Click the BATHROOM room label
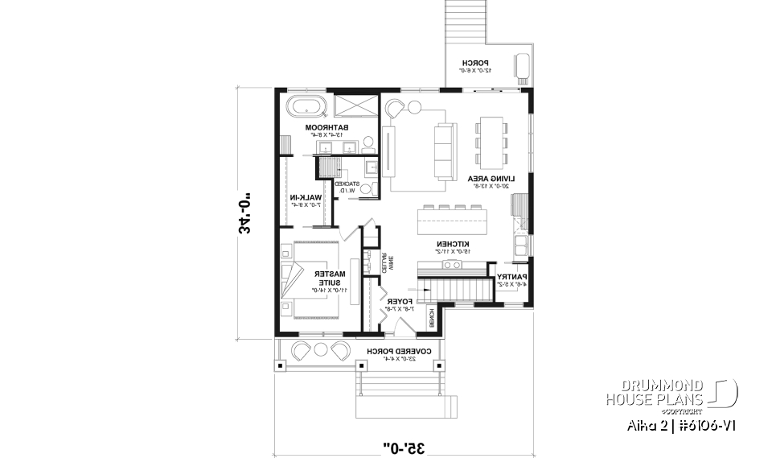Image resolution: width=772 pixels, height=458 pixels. coord(326,127)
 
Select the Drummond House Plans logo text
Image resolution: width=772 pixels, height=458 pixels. coord(655,392)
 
